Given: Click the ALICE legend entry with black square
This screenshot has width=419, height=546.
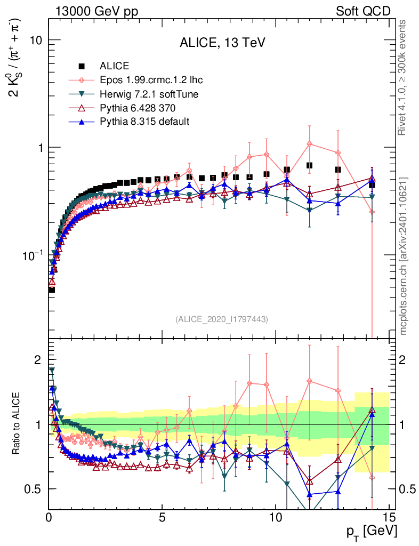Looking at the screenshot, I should [114, 66].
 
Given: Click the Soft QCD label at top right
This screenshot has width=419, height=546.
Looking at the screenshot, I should [363, 11].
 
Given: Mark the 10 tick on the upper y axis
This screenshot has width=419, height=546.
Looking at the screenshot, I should [35, 41].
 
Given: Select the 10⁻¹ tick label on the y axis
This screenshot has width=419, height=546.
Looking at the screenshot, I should [32, 255].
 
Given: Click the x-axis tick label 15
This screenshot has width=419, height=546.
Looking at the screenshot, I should [389, 516].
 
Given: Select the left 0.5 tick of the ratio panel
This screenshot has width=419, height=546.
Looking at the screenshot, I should [34, 489].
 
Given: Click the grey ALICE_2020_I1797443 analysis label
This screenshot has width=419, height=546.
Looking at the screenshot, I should [222, 319].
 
